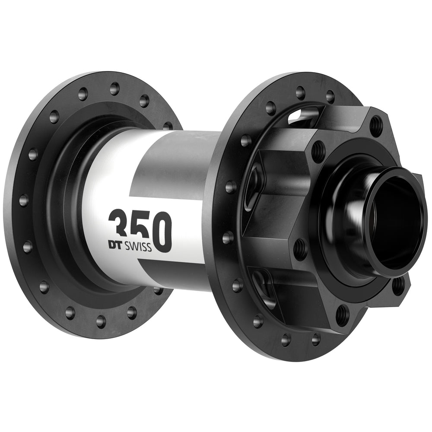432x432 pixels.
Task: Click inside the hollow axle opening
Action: click(395, 220)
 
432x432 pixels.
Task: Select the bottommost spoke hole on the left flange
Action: click(101, 321)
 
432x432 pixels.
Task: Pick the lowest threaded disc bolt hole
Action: click(342, 313)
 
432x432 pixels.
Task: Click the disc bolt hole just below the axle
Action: click(300, 249)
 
